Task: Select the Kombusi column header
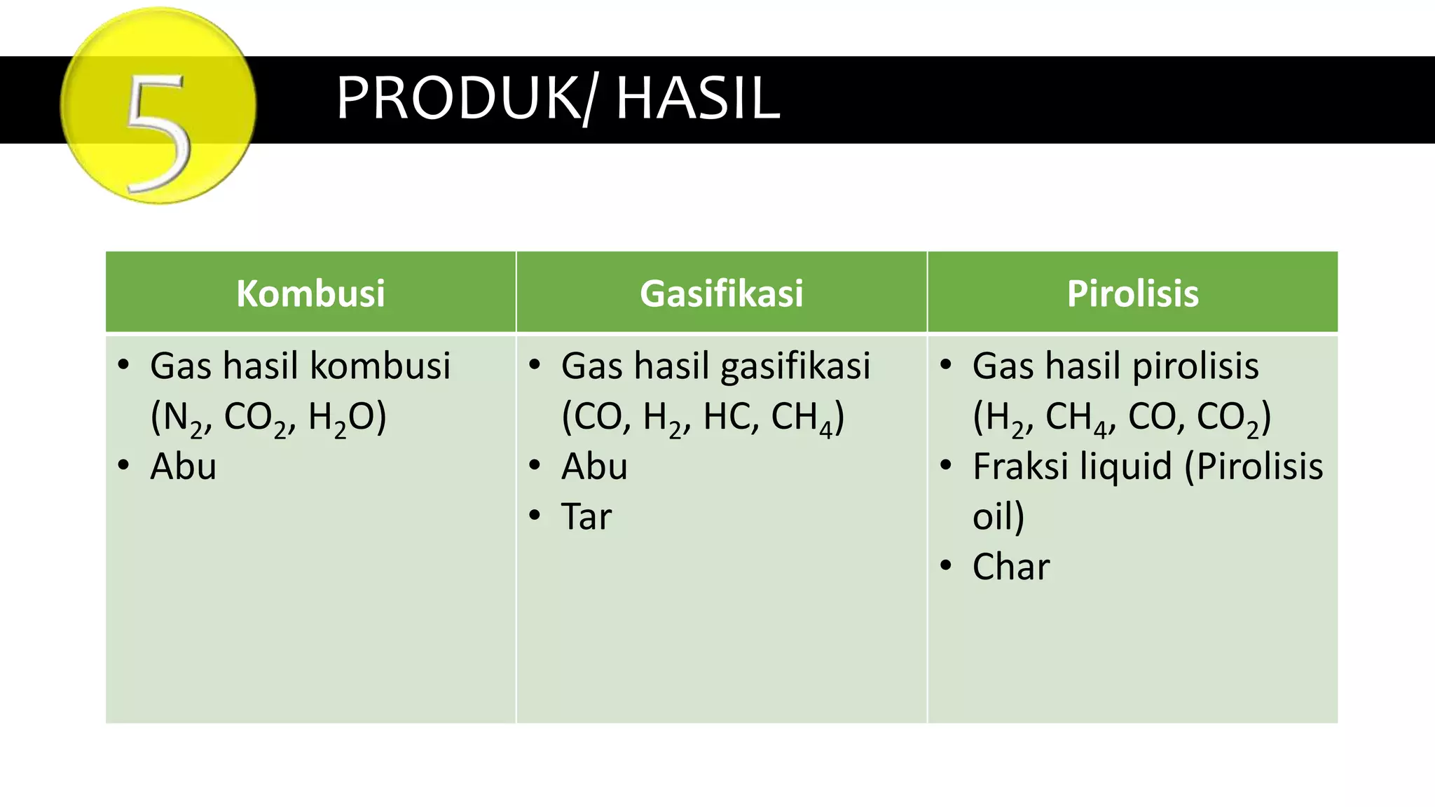pyautogui.click(x=310, y=293)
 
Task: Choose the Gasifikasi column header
pyautogui.click(x=721, y=293)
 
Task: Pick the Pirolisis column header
pyautogui.click(x=1132, y=293)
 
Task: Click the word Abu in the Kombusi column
pyautogui.click(x=183, y=467)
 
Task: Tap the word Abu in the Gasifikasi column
pyautogui.click(x=594, y=467)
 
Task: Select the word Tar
pyautogui.click(x=586, y=517)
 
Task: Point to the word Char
pyautogui.click(x=1010, y=567)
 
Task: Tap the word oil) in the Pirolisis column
pyautogui.click(x=998, y=517)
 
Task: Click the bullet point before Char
pyautogui.click(x=946, y=565)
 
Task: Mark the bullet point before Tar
pyautogui.click(x=535, y=516)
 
